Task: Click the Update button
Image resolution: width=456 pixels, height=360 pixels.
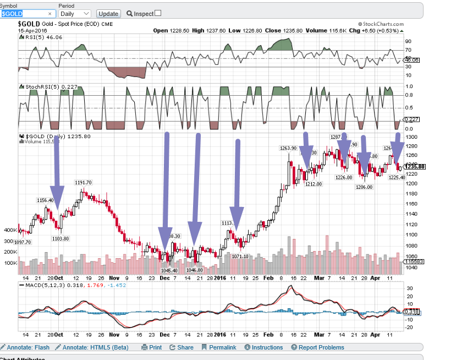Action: pos(108,13)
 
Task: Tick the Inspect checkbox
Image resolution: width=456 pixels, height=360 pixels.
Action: pos(158,13)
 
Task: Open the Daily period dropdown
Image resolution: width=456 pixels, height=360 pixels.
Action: pos(75,13)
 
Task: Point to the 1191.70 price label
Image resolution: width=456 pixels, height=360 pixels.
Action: pos(83,183)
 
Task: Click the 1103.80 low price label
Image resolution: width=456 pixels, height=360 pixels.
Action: pos(60,238)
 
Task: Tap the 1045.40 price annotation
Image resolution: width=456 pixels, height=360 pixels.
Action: pos(169,270)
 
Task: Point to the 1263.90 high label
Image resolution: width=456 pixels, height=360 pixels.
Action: pos(288,148)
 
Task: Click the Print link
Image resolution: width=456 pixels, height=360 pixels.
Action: pos(152,347)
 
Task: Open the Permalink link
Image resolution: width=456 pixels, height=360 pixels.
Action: pos(218,347)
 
